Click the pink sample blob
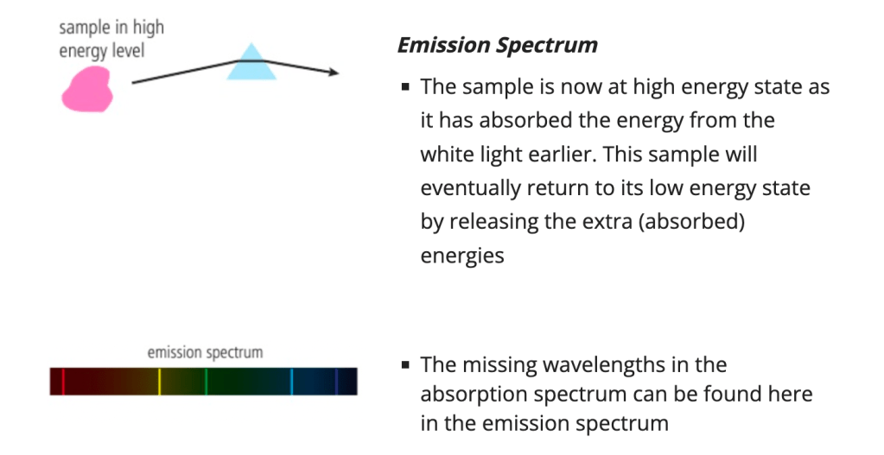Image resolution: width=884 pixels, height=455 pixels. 86,89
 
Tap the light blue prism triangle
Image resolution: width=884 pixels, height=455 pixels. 251,64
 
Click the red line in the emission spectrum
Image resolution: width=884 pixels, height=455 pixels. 63,382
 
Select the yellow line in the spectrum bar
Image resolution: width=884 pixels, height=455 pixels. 160,382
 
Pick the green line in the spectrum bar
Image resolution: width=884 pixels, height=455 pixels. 207,382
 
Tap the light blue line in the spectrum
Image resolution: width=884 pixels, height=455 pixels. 292,382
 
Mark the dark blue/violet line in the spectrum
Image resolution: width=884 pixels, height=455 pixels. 336,382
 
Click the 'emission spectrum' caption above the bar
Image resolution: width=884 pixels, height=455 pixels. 205,352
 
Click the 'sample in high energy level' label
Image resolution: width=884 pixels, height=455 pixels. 111,38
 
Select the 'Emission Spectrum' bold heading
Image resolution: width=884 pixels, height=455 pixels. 498,45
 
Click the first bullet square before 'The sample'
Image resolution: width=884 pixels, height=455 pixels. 405,86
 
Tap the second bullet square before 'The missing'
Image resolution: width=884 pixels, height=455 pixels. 405,365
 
